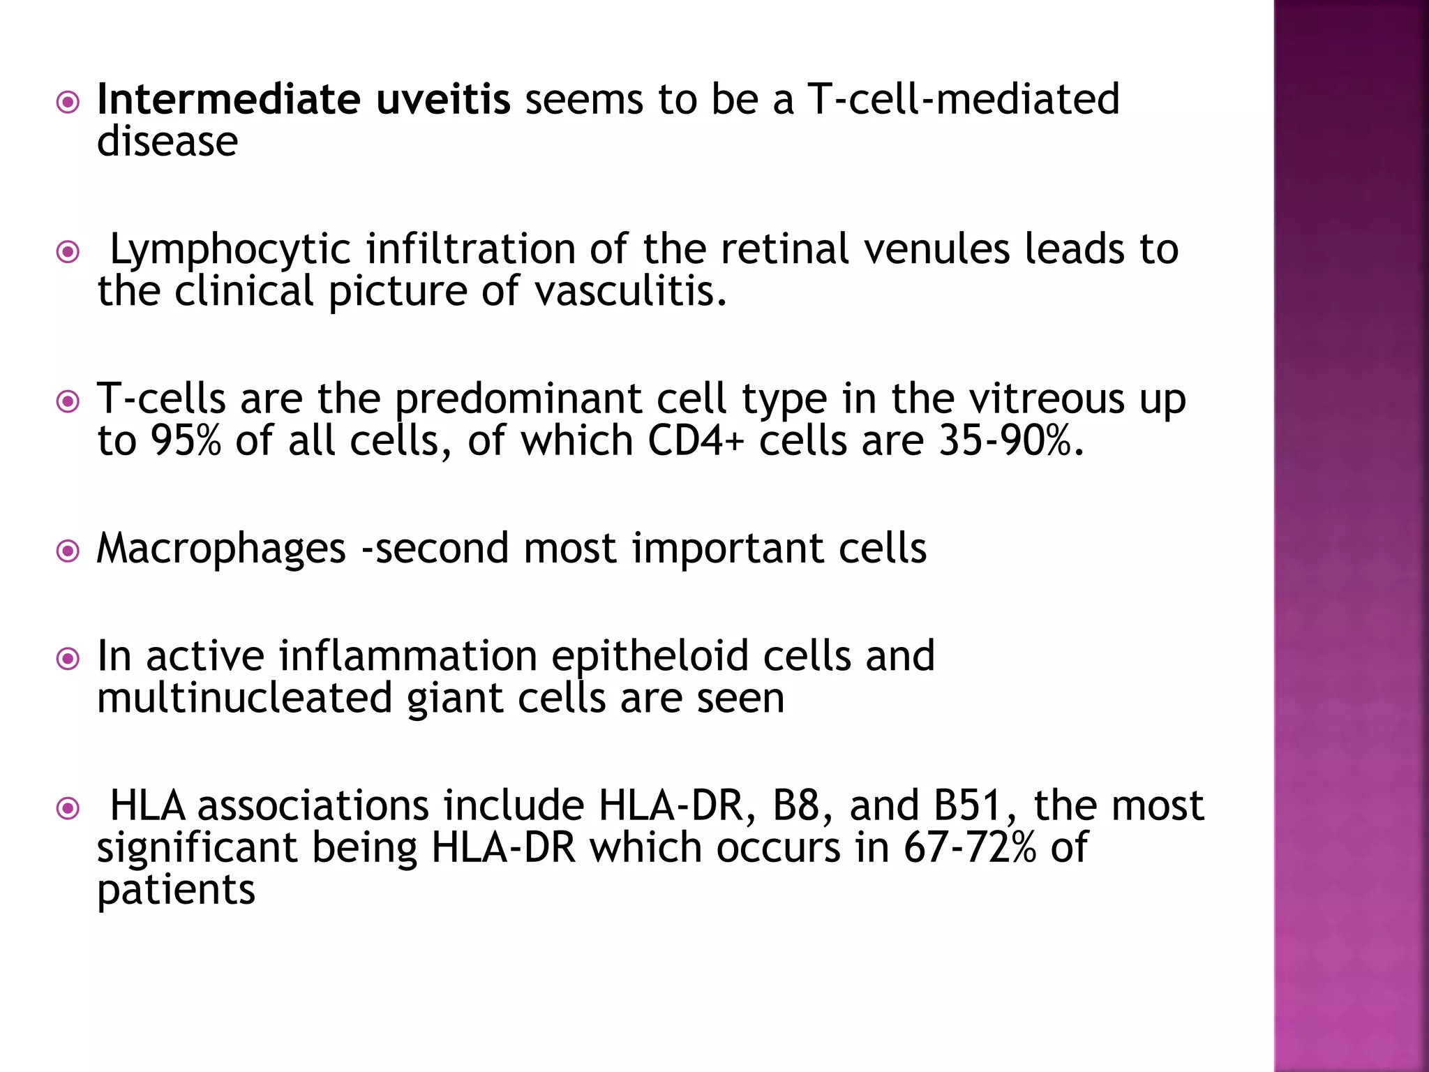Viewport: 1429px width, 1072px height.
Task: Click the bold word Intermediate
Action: pyautogui.click(x=228, y=99)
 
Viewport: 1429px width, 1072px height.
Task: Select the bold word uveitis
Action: pyautogui.click(x=443, y=99)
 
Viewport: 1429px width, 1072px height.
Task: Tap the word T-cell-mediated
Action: pyautogui.click(x=963, y=99)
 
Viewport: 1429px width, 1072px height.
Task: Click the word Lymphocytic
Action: pyautogui.click(x=230, y=250)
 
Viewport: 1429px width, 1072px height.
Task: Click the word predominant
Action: pyautogui.click(x=518, y=400)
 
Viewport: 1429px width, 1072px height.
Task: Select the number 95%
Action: pyautogui.click(x=186, y=441)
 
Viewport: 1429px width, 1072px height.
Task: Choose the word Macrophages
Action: pyautogui.click(x=221, y=549)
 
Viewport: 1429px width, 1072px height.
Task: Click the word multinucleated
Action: pyautogui.click(x=244, y=699)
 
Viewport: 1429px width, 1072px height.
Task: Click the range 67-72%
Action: pyautogui.click(x=970, y=848)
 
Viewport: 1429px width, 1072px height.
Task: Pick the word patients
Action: pyautogui.click(x=176, y=891)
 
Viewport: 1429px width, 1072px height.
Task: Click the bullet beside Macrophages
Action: pyautogui.click(x=68, y=552)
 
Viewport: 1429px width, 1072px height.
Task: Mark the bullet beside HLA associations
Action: pyautogui.click(x=68, y=810)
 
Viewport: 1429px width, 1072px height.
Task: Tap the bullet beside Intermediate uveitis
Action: pyautogui.click(x=68, y=103)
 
